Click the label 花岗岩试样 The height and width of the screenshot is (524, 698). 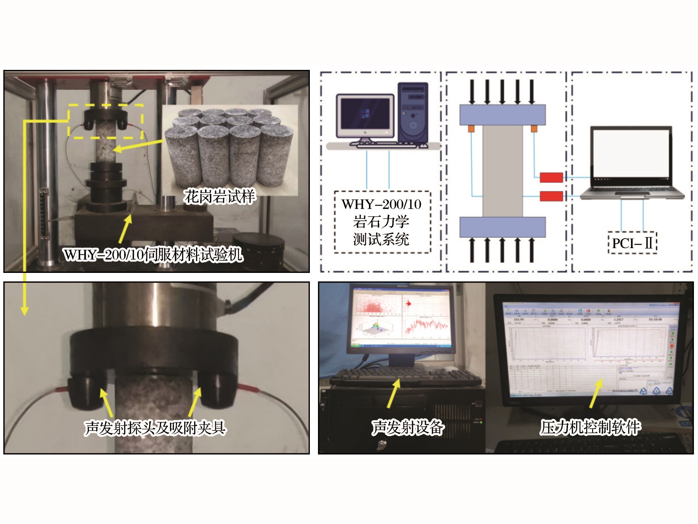[219, 196]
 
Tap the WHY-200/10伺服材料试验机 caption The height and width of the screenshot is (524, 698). [153, 254]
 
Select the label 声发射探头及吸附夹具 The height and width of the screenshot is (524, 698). [155, 428]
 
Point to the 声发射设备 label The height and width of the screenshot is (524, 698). [407, 427]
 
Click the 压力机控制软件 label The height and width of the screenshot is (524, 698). [590, 427]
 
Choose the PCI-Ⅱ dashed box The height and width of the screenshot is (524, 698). [632, 243]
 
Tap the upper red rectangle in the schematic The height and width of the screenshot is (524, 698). [551, 178]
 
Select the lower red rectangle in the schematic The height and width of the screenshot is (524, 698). [551, 196]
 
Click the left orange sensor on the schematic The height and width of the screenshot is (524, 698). [471, 129]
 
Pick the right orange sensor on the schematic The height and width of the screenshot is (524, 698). [534, 129]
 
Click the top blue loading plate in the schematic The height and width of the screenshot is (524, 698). [502, 115]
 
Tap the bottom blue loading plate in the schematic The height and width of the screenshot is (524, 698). [502, 227]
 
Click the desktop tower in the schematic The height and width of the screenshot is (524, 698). [413, 113]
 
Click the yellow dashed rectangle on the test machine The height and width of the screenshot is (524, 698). [106, 121]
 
